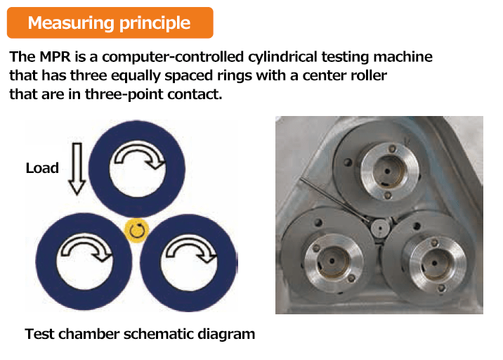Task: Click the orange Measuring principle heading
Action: [x=110, y=22]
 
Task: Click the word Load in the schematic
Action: [x=42, y=168]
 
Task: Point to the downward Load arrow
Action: [x=77, y=169]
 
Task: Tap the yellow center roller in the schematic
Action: [x=137, y=231]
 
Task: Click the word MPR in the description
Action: [x=55, y=57]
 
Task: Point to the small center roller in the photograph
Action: [x=381, y=227]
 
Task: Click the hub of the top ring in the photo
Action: [x=388, y=172]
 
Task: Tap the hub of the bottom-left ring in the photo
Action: [x=333, y=261]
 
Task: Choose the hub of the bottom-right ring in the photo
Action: [x=435, y=263]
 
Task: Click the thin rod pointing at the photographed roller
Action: [x=335, y=200]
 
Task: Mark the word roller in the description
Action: [x=369, y=75]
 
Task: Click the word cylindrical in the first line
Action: [x=282, y=57]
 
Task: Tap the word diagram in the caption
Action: [x=226, y=334]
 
